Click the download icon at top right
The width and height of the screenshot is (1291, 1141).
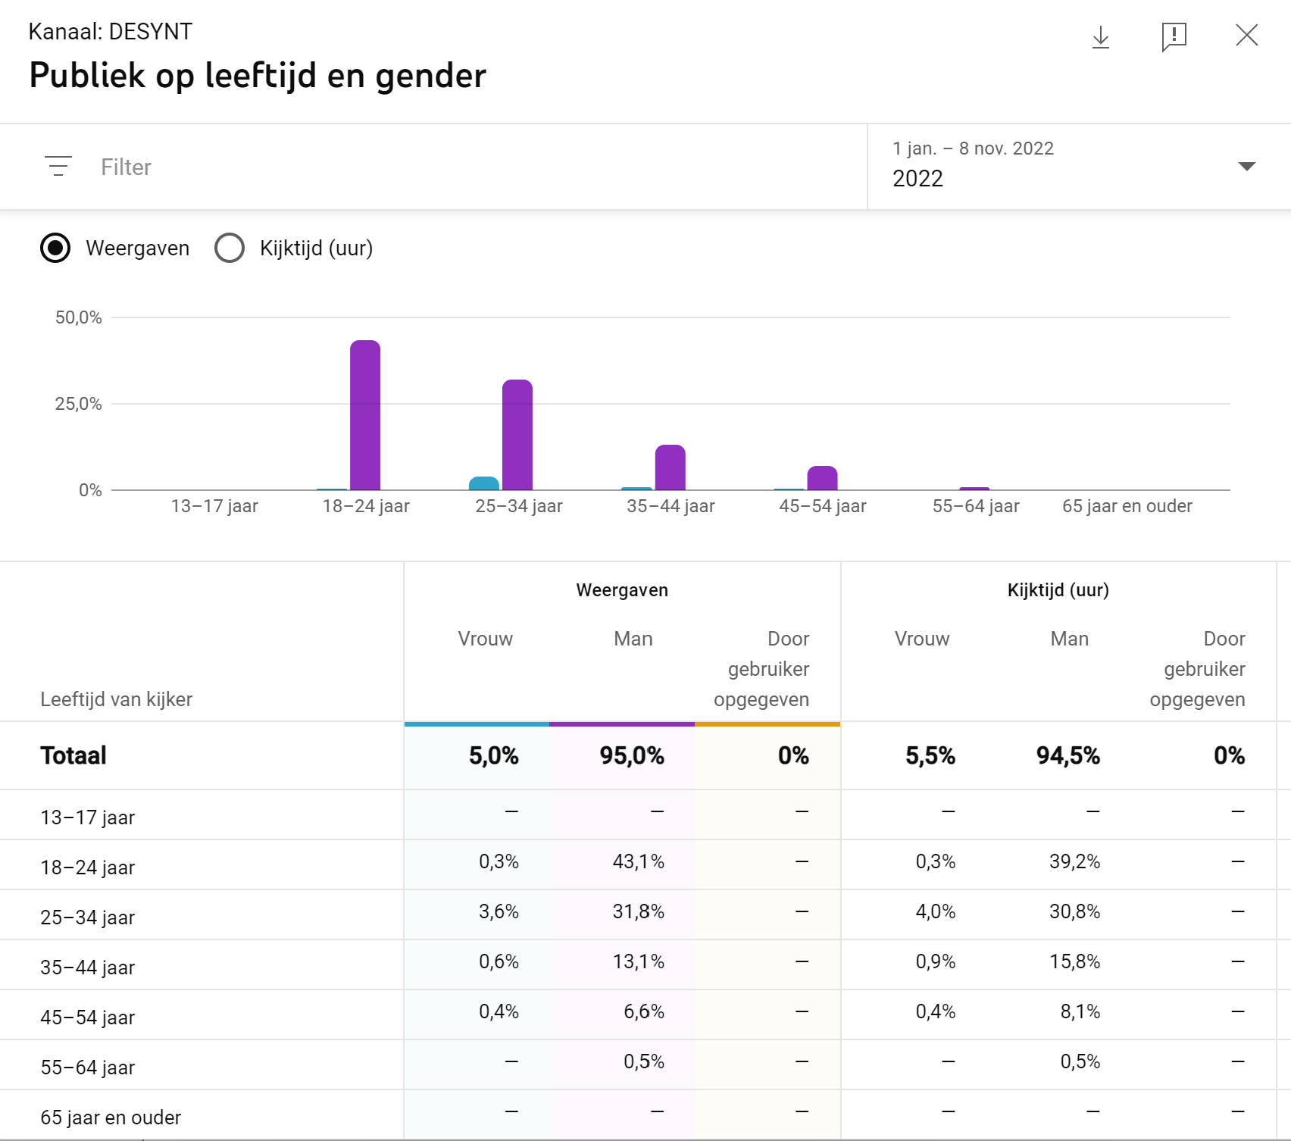click(x=1100, y=36)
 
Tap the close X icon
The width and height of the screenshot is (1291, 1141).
click(x=1246, y=35)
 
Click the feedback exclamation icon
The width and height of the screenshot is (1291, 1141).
click(x=1174, y=36)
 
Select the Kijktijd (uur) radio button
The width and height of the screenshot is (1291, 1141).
click(x=230, y=248)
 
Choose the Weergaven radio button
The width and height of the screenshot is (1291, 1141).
click(x=55, y=248)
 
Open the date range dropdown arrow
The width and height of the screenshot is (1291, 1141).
click(x=1246, y=166)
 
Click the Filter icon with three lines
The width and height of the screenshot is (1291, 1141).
click(x=58, y=166)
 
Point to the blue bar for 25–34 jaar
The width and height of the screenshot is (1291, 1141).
click(x=484, y=483)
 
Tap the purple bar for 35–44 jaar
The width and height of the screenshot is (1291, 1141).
click(x=670, y=467)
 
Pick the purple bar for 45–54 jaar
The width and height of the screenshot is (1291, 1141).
click(x=822, y=478)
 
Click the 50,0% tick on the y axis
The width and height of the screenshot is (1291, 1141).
click(x=78, y=317)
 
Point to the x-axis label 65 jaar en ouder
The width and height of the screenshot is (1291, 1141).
click(x=1127, y=506)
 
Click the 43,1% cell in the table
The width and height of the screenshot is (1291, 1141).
click(x=638, y=861)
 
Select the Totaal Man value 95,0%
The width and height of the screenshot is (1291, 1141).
click(x=631, y=755)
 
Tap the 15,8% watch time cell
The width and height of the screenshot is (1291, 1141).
click(x=1074, y=961)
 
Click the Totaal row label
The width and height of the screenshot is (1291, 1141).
click(x=73, y=755)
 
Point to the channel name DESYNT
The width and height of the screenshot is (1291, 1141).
click(x=150, y=32)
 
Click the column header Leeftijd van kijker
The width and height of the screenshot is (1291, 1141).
click(x=117, y=699)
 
